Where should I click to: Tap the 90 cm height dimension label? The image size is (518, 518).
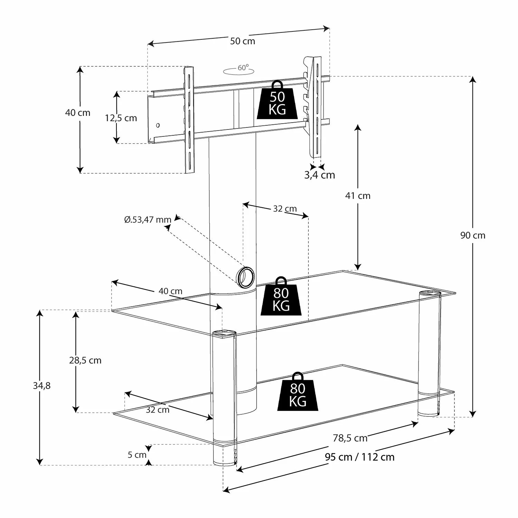(x=473, y=236)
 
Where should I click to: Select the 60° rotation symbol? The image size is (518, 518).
(x=240, y=70)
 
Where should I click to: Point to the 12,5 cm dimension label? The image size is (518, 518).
(x=121, y=118)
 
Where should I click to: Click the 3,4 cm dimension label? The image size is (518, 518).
(x=319, y=175)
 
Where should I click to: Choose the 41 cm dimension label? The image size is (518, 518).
(x=358, y=196)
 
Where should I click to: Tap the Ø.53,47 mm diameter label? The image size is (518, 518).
(x=148, y=220)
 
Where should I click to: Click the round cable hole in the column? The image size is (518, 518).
(x=246, y=277)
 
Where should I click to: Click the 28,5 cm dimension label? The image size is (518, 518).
(x=85, y=361)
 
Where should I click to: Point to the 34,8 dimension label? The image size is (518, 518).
(x=42, y=386)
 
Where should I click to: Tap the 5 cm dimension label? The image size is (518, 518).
(x=137, y=455)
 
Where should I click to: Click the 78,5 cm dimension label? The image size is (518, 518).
(x=350, y=438)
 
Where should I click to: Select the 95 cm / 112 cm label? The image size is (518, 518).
(x=359, y=457)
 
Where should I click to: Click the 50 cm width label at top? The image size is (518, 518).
(x=242, y=41)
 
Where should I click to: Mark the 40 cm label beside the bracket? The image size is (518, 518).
(x=78, y=113)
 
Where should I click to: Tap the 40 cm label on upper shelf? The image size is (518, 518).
(x=170, y=291)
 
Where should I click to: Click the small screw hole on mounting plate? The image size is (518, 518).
(x=158, y=125)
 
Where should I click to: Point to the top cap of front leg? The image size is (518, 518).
(x=224, y=333)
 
